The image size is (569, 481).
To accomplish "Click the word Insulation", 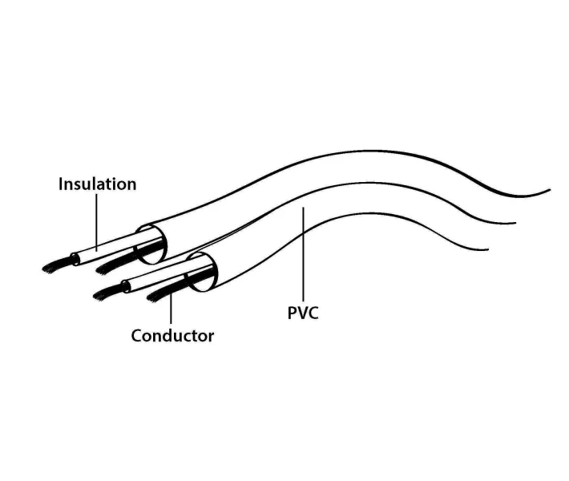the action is point(97,184).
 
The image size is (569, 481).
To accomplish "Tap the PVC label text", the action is point(303,313).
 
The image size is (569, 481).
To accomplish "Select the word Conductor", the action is point(172,336).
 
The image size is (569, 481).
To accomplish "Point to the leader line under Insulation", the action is point(96,222).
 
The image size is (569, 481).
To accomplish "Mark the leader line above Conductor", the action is point(171,308).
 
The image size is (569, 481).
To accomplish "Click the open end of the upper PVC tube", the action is point(151,245).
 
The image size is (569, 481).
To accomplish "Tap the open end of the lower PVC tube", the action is point(202,272).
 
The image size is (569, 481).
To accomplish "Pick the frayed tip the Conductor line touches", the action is point(159,294).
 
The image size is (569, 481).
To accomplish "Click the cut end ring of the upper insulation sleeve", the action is point(75,259).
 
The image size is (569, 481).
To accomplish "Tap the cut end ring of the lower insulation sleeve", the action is point(126,287).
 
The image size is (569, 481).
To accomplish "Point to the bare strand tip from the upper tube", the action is point(109,267).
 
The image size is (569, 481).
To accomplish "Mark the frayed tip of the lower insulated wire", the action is point(107,293).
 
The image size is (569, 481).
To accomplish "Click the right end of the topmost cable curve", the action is point(550,190).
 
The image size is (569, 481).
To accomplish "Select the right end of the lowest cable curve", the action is point(488,249).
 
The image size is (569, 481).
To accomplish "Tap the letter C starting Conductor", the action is point(136,336).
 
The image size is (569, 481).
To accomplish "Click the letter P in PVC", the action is point(293,313).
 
